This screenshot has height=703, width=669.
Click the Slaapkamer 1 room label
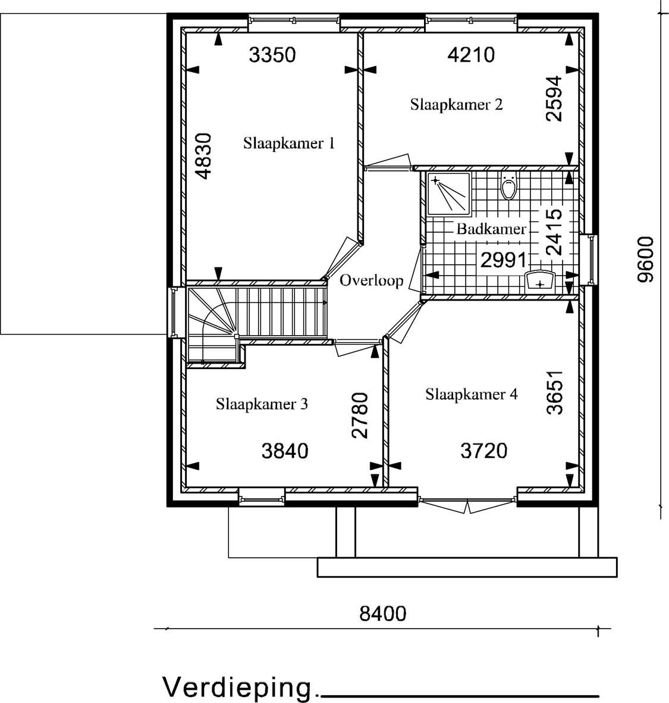pyautogui.click(x=289, y=143)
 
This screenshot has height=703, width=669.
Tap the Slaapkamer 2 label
pyautogui.click(x=456, y=105)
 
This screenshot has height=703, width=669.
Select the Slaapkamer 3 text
pyautogui.click(x=262, y=404)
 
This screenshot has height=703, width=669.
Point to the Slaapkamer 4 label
pyautogui.click(x=472, y=395)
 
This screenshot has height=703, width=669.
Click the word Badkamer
pyautogui.click(x=491, y=229)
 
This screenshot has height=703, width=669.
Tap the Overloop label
pyautogui.click(x=371, y=281)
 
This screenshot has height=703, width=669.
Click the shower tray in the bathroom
pyautogui.click(x=449, y=193)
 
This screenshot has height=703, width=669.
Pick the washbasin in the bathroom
pyautogui.click(x=540, y=280)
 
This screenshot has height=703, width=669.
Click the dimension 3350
pyautogui.click(x=273, y=55)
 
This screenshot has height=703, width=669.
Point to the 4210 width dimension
pyautogui.click(x=472, y=55)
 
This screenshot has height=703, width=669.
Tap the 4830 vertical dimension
pyautogui.click(x=204, y=156)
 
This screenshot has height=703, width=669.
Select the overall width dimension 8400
pyautogui.click(x=383, y=614)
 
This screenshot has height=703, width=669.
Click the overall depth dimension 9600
pyautogui.click(x=645, y=260)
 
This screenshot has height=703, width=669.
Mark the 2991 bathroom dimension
pyautogui.click(x=503, y=260)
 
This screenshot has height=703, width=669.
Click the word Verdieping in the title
pyautogui.click(x=237, y=688)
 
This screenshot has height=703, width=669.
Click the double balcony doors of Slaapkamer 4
pyautogui.click(x=467, y=505)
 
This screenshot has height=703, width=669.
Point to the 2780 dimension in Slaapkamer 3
pyautogui.click(x=360, y=415)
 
